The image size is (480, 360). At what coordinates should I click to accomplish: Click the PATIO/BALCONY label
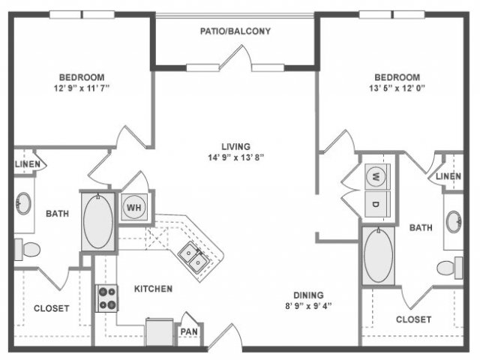pos(235,31)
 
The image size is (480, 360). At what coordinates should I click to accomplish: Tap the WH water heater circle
pos(134,207)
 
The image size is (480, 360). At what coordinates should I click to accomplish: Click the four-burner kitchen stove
pos(106,298)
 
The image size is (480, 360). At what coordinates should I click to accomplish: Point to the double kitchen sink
pos(193,257)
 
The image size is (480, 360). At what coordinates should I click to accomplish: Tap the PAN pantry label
pos(189,331)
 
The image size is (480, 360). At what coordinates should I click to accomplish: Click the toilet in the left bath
pos(27,250)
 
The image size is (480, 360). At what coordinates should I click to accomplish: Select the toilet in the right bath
pos(450,268)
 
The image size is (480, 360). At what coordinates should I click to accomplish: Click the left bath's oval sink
pos(23,203)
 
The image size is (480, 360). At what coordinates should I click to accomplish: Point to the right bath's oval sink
pos(454,222)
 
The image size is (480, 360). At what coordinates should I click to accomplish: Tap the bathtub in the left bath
pos(98,221)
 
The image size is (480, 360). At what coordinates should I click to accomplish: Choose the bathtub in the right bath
pos(378,256)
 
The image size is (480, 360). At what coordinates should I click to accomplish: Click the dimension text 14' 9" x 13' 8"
pos(235,157)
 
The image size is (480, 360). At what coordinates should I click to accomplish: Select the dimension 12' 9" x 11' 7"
pos(82,88)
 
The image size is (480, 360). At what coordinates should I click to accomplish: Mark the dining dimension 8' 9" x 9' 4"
pos(308,306)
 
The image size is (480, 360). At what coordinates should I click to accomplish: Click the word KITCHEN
pos(153,289)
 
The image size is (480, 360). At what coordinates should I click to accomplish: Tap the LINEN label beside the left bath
pos(28,164)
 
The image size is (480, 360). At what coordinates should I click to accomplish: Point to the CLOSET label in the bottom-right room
pos(413,319)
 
